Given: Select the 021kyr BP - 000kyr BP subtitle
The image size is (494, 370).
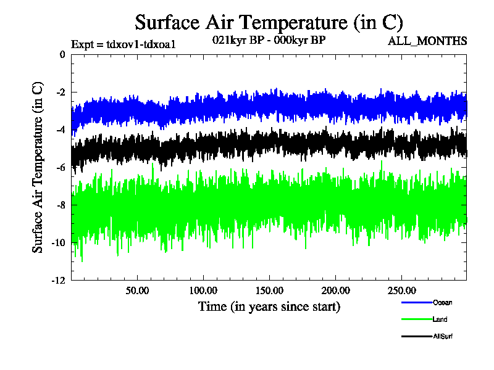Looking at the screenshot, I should point(269,40).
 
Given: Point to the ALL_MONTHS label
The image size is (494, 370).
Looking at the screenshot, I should point(427,41).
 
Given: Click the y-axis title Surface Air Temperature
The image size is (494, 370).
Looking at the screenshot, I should point(38,167).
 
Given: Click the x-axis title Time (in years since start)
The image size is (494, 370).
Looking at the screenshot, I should point(269,306).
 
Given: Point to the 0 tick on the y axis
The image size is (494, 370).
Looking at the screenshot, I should point(62,55).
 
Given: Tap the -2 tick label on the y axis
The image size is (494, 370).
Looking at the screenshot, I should point(60,92).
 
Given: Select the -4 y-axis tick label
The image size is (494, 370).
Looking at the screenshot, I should point(60,130).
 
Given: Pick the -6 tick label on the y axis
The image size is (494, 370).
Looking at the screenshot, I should point(60,168).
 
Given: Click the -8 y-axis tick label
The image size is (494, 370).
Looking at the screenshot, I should point(60,205).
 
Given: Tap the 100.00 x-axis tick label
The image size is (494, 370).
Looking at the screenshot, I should point(203,290).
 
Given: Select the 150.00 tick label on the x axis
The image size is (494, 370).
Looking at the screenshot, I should point(269,290).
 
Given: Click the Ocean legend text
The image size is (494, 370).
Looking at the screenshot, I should point(442,302).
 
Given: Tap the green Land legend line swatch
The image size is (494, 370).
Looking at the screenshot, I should point(416,319).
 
